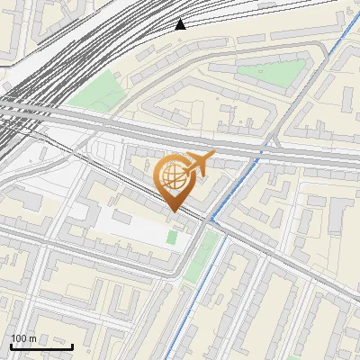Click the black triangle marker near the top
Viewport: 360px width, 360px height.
point(181,23)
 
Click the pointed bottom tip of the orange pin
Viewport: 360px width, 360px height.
point(175,210)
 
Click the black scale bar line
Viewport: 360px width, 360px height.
point(41,346)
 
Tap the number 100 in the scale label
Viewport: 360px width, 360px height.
point(19,338)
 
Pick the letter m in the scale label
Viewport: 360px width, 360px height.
point(32,338)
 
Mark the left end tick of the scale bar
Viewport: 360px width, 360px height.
point(11,345)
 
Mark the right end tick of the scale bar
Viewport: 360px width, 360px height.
point(72,345)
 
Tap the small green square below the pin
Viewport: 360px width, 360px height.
point(172,237)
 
